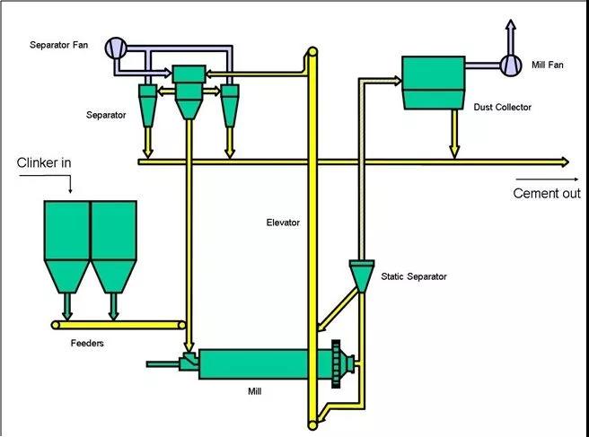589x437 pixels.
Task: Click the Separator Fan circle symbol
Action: coord(117,47)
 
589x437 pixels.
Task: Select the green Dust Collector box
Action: coord(432,83)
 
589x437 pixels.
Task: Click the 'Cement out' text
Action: coord(547,193)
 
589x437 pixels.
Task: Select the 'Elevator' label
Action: coord(283,223)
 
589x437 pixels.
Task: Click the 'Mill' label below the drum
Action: coord(255,392)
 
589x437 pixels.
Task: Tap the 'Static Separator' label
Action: coord(414,276)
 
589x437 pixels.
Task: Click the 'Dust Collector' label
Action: coord(503,108)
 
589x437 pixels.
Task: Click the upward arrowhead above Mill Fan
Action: coord(511,23)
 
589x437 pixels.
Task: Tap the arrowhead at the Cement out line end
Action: coord(565,162)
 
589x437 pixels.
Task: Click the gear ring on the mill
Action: coord(338,363)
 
